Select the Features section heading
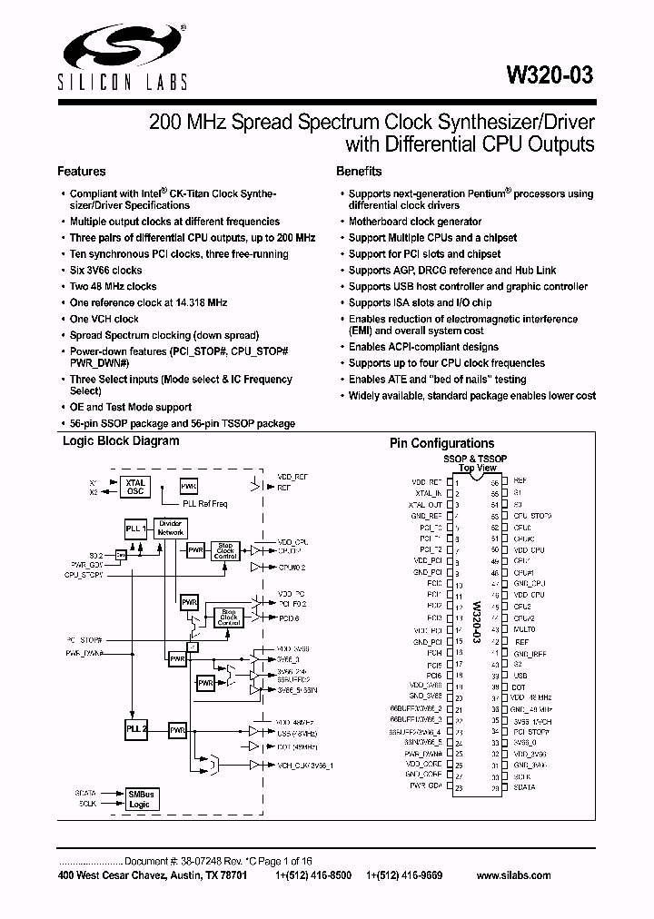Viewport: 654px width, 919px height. (x=82, y=171)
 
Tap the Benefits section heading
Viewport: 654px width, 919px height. (x=359, y=171)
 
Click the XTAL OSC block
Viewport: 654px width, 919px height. (x=135, y=488)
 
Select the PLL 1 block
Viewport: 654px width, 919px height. (x=134, y=529)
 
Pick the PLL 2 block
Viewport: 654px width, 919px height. (x=134, y=729)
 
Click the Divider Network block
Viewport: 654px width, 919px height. (x=171, y=529)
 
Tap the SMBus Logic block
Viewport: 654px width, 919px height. (x=140, y=798)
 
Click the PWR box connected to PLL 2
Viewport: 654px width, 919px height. (x=177, y=729)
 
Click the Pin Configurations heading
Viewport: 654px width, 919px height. (x=441, y=443)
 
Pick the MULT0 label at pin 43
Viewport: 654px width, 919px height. (x=524, y=628)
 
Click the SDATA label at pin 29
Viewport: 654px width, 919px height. (x=524, y=787)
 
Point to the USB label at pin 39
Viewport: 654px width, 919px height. (x=520, y=675)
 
